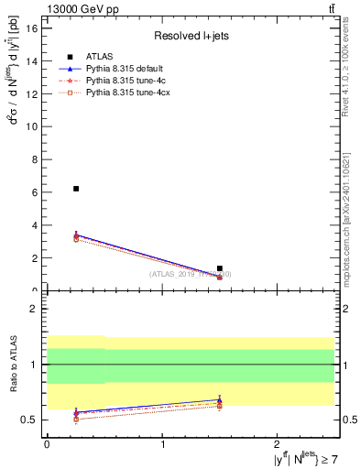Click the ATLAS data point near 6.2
[x=76, y=189]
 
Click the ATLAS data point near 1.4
[x=220, y=268]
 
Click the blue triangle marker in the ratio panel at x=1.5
[x=220, y=400]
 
